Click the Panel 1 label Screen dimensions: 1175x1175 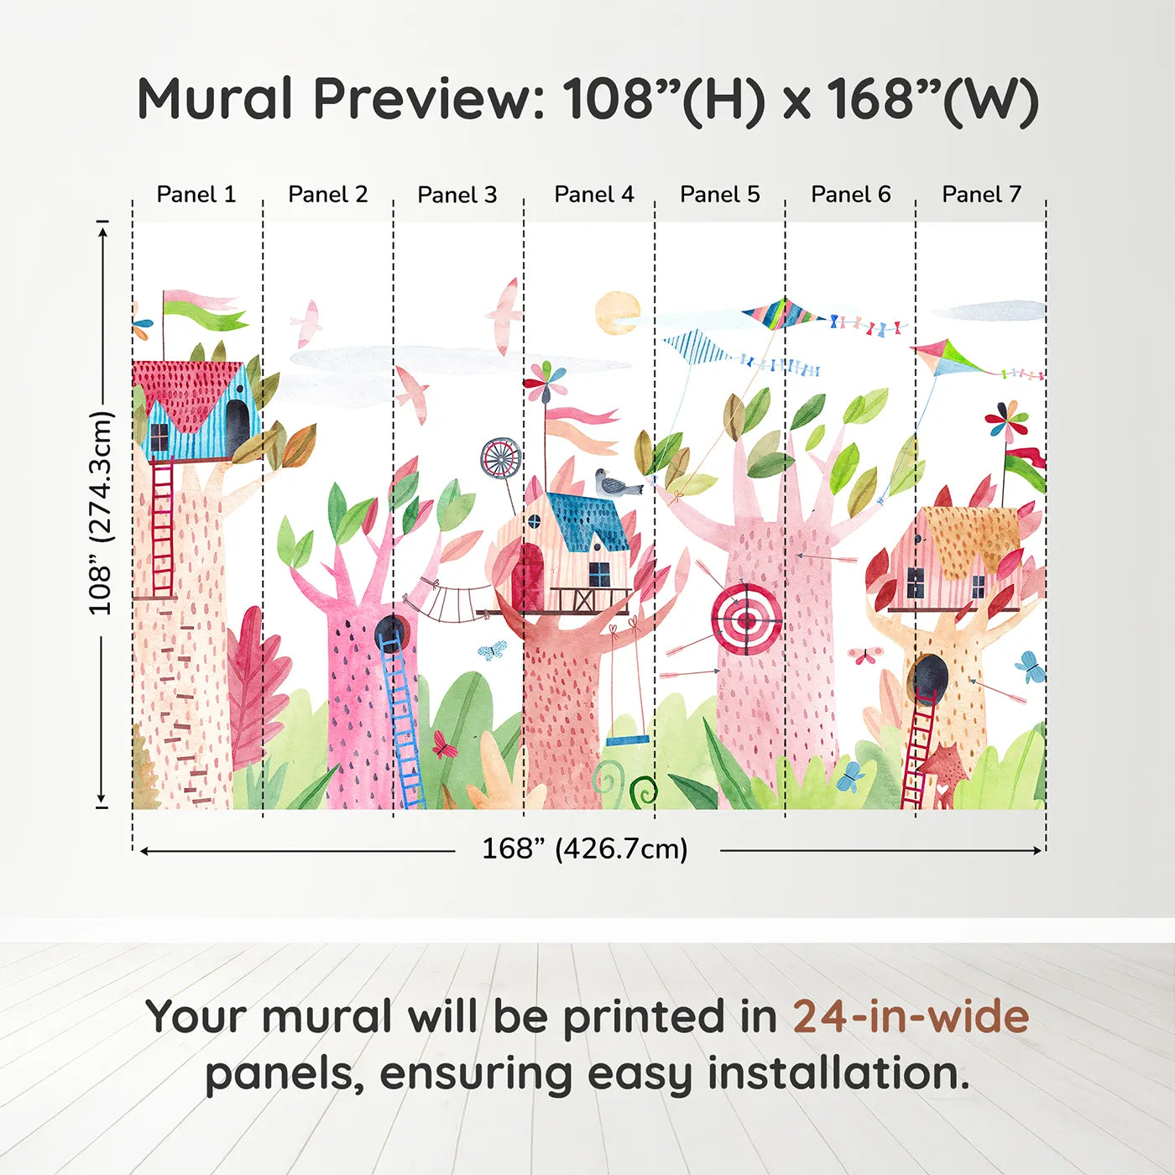point(196,195)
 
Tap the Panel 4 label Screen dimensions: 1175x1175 point(594,195)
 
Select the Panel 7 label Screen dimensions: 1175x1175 point(981,195)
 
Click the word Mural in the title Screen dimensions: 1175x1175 point(215,99)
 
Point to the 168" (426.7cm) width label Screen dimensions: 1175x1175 point(584,849)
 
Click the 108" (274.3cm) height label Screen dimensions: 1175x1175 point(101,513)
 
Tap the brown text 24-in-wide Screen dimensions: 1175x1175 point(911,1017)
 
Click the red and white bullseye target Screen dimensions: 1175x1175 point(746,620)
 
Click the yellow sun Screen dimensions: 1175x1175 point(618,312)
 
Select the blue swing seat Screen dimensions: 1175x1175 point(628,741)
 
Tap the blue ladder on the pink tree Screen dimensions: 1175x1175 point(403,722)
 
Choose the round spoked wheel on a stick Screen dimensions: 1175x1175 point(501,458)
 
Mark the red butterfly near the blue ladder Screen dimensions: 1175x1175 point(443,744)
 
